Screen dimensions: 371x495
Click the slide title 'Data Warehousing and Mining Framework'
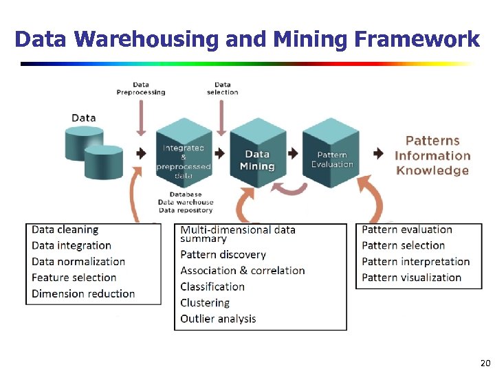tap(247, 39)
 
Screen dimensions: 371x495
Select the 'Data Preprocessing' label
tap(141, 89)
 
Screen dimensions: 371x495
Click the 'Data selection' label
tap(222, 89)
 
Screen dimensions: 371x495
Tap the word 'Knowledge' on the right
tap(432, 171)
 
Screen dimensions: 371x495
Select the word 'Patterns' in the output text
tap(432, 141)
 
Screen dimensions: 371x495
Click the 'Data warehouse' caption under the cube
tap(186, 202)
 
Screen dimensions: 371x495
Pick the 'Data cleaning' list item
tap(65, 229)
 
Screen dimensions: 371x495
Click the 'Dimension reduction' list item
tap(83, 293)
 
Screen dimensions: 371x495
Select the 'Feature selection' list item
tap(74, 278)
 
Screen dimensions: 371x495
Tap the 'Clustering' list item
tap(205, 302)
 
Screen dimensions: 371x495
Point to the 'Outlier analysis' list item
tap(218, 319)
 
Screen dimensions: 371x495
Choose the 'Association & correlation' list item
tap(242, 271)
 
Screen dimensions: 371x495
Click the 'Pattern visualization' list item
tap(411, 278)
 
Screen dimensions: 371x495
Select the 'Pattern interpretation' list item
tap(415, 262)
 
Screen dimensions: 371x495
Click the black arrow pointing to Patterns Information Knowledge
tap(379, 153)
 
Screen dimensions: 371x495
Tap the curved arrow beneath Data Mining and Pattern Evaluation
tap(294, 188)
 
